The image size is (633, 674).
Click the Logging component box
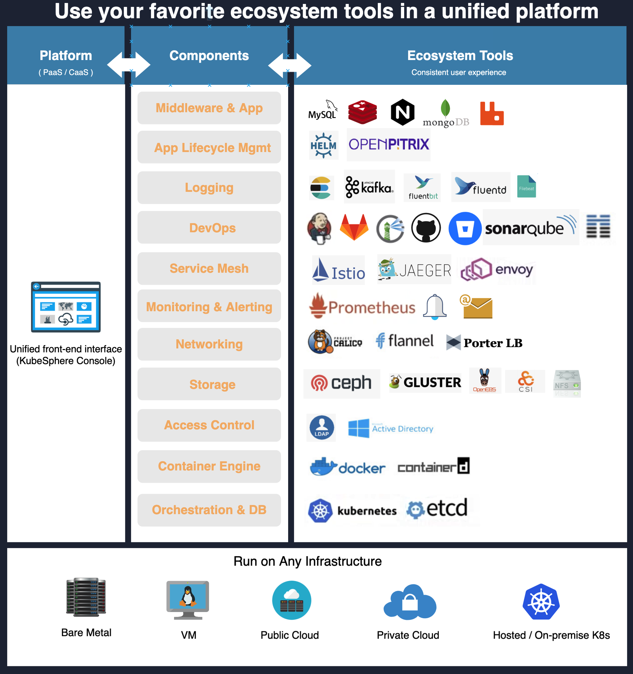[x=209, y=188]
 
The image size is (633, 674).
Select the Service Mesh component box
[x=209, y=269]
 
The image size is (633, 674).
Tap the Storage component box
[x=209, y=384]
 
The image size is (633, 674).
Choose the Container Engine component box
[x=209, y=466]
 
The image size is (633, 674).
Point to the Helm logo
[x=324, y=145]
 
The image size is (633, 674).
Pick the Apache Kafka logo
[x=369, y=187]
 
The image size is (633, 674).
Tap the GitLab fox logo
[x=354, y=227]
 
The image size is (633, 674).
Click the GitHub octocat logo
[x=426, y=228]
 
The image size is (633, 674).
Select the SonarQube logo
[x=530, y=228]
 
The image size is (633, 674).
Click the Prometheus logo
[x=362, y=306]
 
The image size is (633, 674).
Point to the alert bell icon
[x=435, y=306]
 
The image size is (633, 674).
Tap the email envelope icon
[x=476, y=306]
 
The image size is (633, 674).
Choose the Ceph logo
[x=341, y=383]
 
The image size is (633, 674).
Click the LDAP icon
[x=321, y=428]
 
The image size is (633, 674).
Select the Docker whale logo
[x=348, y=467]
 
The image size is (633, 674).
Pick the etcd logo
[x=437, y=508]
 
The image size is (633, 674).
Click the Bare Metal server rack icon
[x=86, y=597]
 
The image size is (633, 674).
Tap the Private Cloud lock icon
[x=410, y=602]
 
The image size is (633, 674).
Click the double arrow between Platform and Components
[x=129, y=64]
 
